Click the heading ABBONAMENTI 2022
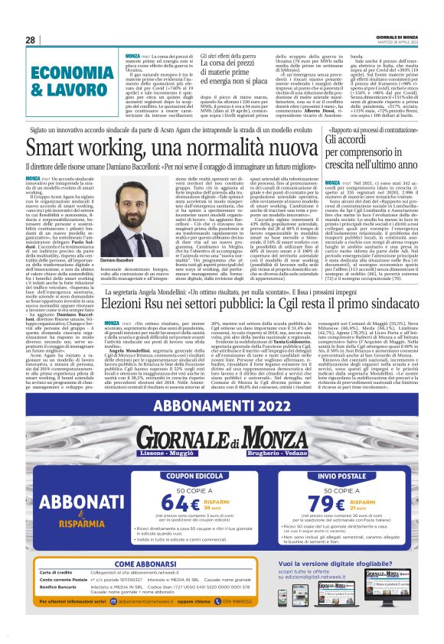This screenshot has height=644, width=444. coord(221,408)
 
